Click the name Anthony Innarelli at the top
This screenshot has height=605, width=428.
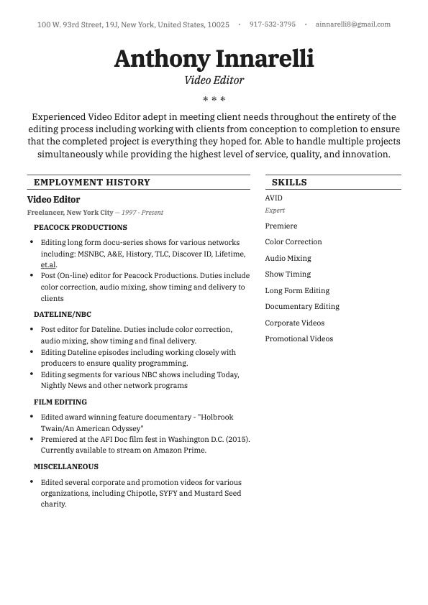click(x=214, y=58)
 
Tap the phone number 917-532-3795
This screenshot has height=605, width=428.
click(x=272, y=24)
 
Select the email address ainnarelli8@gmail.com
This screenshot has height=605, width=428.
click(x=353, y=24)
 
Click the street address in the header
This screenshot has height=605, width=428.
click(x=133, y=24)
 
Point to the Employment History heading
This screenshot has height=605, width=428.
click(x=91, y=183)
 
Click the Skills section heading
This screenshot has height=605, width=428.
click(x=289, y=183)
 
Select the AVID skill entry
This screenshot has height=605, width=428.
click(x=273, y=198)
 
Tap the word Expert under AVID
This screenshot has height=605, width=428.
click(x=275, y=211)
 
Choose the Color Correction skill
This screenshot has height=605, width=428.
click(x=293, y=242)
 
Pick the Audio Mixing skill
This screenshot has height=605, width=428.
click(x=288, y=258)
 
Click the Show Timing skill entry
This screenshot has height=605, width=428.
click(x=288, y=274)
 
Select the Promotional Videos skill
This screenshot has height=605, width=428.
click(x=299, y=338)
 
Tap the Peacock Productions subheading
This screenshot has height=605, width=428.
click(x=81, y=227)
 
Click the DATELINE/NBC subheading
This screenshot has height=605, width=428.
click(x=63, y=314)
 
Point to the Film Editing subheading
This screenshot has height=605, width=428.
click(x=60, y=402)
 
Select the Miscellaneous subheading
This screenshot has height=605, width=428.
click(x=67, y=466)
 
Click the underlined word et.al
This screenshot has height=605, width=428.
click(x=48, y=264)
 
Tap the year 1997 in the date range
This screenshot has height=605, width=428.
click(x=129, y=213)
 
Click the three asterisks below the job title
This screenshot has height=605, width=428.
click(x=214, y=99)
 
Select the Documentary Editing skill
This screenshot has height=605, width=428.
click(x=302, y=306)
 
